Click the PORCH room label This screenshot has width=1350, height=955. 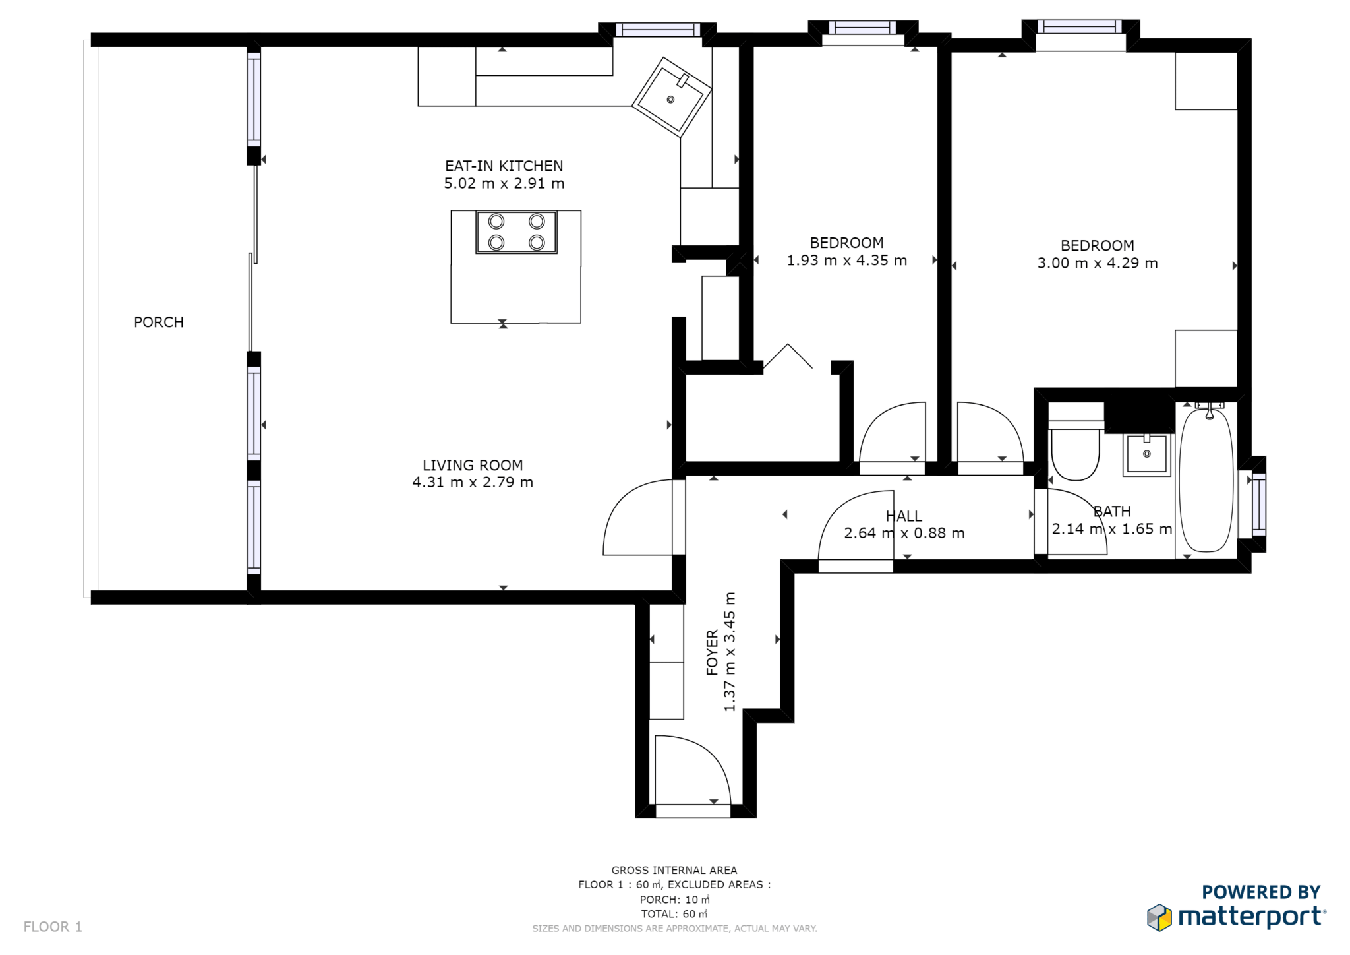pyautogui.click(x=159, y=322)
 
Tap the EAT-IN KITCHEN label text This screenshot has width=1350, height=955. pyautogui.click(x=504, y=166)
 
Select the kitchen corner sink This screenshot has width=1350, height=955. pyautogui.click(x=671, y=98)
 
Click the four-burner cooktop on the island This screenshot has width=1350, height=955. pyautogui.click(x=516, y=232)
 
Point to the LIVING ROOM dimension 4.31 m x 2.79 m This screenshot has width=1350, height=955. pyautogui.click(x=473, y=483)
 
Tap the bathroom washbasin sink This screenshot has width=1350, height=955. pyautogui.click(x=1147, y=454)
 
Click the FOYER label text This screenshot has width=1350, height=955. pyautogui.click(x=712, y=652)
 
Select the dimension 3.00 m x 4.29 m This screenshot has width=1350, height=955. pyautogui.click(x=1097, y=263)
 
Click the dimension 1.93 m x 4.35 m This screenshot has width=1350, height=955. pyautogui.click(x=846, y=261)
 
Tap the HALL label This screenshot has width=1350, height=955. pyautogui.click(x=904, y=516)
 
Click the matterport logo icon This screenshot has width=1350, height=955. pyautogui.click(x=1159, y=917)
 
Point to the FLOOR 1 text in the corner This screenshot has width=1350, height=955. pyautogui.click(x=53, y=927)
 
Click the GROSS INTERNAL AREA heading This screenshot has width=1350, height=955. pyautogui.click(x=674, y=870)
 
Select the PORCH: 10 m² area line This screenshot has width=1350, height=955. pyautogui.click(x=674, y=900)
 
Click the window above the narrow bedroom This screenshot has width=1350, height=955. pyautogui.click(x=862, y=28)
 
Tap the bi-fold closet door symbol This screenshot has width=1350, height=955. pyautogui.click(x=788, y=356)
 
